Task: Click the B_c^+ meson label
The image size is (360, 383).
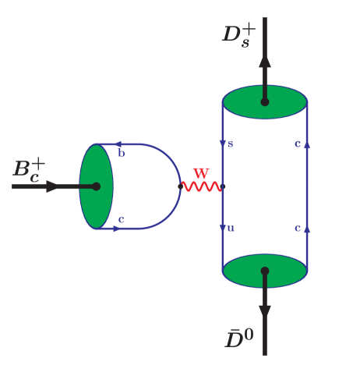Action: point(29,170)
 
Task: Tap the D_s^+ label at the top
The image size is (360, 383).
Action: point(238,35)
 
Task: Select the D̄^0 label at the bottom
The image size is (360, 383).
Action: point(239,338)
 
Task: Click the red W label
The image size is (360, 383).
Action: point(201,173)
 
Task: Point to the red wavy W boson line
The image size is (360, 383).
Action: point(202,186)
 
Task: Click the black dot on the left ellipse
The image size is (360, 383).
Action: point(96,186)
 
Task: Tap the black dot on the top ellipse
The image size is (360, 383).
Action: point(265,102)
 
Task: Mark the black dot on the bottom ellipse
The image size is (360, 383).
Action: point(265,271)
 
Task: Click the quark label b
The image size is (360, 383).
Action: point(121,154)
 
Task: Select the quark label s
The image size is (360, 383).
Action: point(231,144)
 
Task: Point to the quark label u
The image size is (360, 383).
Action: point(231,229)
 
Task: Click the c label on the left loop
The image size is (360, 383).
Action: point(121,219)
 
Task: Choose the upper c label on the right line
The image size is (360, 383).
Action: point(298,144)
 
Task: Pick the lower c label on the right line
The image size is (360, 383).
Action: point(298,228)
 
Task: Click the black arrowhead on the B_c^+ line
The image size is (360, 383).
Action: point(52,186)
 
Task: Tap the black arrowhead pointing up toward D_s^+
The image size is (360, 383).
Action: point(265,61)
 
